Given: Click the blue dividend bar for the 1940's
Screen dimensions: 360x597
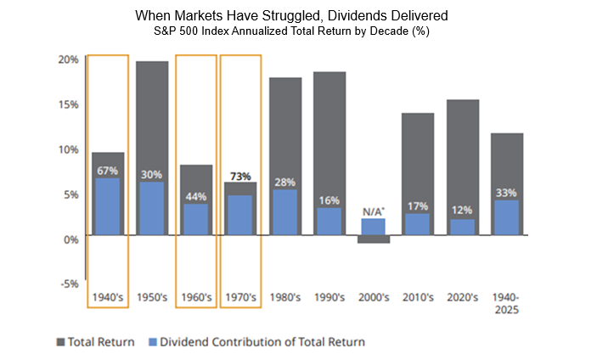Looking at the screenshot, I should point(107,208).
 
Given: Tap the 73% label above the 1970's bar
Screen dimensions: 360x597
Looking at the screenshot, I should point(241,176).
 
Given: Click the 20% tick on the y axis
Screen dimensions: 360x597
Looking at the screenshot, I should point(69,59).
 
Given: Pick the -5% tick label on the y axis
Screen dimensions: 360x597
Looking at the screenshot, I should point(70,284).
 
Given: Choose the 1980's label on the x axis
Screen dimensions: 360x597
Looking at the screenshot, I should point(285,298).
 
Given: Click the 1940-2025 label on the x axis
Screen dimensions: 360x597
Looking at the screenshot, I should point(506,303).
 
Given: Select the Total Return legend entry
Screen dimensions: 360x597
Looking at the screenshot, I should point(95,342).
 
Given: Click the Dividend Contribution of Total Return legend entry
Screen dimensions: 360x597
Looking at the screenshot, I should point(258,342).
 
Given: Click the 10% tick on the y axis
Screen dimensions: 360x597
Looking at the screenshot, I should point(69,149).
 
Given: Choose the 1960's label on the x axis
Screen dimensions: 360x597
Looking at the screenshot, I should point(196,298).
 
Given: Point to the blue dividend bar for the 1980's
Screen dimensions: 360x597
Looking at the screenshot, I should point(285,213).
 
